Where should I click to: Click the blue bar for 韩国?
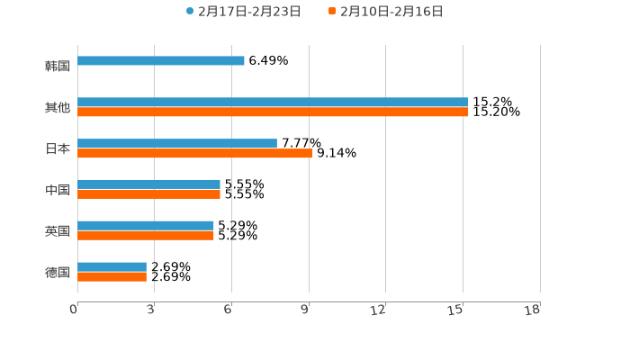coord(161,61)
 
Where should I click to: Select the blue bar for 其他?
coord(273,103)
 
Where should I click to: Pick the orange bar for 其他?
coord(273,112)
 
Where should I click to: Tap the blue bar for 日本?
coord(177,144)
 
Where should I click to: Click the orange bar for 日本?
coord(194,154)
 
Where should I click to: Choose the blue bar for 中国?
coord(148,184)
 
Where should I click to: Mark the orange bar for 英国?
coord(146,236)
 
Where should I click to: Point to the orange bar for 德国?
coord(112,277)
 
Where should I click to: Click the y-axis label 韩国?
coord(58,67)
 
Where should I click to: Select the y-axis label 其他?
coord(58,108)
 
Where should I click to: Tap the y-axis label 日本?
coord(58,149)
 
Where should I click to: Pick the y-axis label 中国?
coord(58,190)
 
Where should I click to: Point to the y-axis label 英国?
coord(58,231)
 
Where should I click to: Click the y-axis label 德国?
coord(58,273)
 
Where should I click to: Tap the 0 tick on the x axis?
coord(74,310)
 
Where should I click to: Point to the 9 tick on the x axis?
coord(305,310)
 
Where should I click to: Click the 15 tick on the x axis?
coord(455,310)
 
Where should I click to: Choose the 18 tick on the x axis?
coord(533,310)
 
